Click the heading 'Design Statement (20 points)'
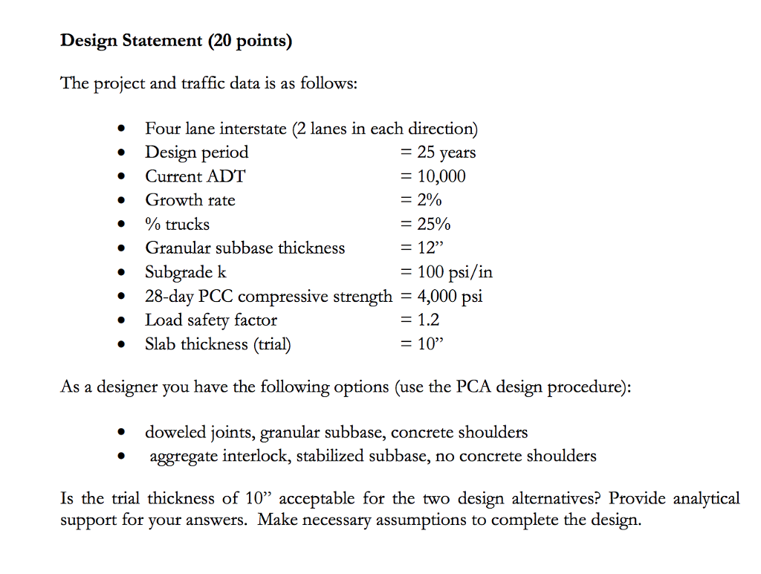[x=176, y=41]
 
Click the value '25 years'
[x=446, y=152]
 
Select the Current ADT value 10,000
[x=441, y=176]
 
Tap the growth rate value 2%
[x=429, y=200]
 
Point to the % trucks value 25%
[x=433, y=224]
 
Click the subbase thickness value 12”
[x=430, y=248]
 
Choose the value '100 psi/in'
[x=454, y=272]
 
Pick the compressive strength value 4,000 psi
[x=450, y=296]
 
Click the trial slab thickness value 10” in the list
[x=430, y=344]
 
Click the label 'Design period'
[x=197, y=152]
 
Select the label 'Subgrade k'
[x=186, y=272]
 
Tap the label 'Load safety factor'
[x=211, y=320]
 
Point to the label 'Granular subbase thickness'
[x=245, y=248]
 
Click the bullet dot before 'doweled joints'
[x=120, y=433]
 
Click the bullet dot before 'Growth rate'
[x=120, y=201]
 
